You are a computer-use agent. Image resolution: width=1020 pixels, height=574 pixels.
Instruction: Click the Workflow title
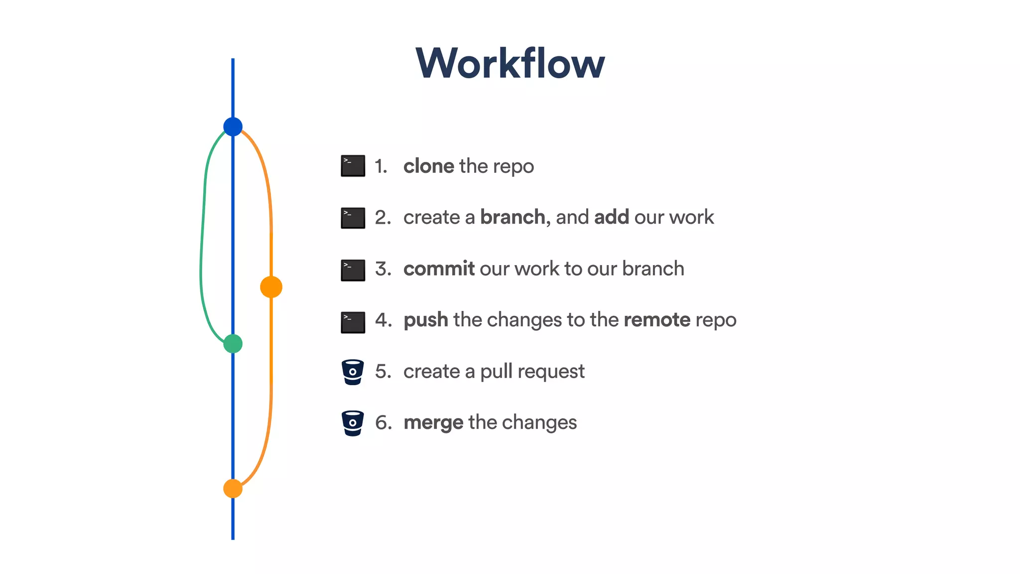click(510, 63)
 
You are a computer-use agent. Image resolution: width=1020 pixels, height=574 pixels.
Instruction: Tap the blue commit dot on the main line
click(233, 127)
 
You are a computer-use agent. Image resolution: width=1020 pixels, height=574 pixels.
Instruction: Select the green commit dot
click(233, 344)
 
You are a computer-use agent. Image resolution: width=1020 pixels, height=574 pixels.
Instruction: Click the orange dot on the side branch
click(271, 287)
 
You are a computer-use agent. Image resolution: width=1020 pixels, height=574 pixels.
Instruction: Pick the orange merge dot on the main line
click(233, 489)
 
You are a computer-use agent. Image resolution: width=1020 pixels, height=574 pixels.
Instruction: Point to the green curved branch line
click(202, 239)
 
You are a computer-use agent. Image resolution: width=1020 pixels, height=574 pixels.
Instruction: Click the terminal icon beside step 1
click(353, 166)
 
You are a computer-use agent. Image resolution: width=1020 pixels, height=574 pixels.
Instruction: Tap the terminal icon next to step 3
click(353, 270)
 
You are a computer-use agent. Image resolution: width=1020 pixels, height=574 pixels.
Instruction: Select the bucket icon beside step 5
click(353, 372)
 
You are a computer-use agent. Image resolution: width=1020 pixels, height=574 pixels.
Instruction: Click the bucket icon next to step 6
click(353, 424)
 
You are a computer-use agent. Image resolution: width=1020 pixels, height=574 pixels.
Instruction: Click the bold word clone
click(428, 166)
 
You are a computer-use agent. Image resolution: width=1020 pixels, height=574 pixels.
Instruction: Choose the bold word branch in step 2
click(513, 217)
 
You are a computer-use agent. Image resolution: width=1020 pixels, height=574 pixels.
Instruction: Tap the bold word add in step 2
click(611, 217)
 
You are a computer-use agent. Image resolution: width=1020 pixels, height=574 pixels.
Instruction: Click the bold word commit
click(439, 269)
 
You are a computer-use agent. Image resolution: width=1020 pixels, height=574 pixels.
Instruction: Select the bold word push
click(426, 320)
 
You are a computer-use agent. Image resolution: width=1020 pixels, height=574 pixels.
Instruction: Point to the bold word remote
click(656, 320)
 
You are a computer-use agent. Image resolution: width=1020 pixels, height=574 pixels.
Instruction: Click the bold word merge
click(433, 423)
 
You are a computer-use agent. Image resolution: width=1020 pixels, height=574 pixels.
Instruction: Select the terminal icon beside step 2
click(353, 218)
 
